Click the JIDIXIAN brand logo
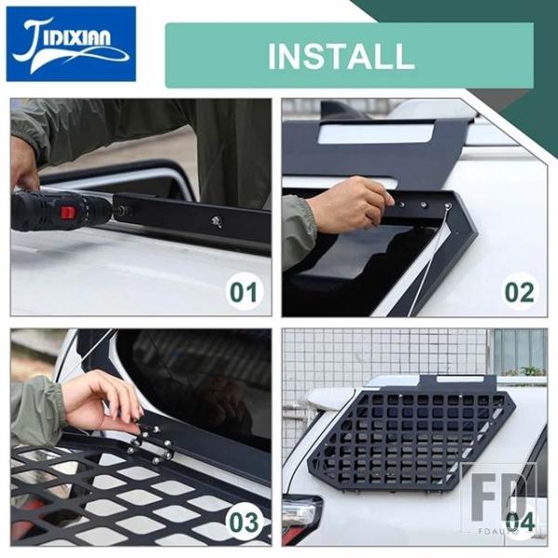(x=72, y=44)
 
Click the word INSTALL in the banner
(x=341, y=56)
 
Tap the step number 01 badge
(x=244, y=293)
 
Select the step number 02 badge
(x=520, y=293)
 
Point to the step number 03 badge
(x=244, y=523)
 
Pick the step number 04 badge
(x=520, y=522)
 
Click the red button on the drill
(x=68, y=213)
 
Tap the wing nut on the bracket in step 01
(x=217, y=221)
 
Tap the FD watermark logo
(x=498, y=499)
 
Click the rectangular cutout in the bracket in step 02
(x=377, y=132)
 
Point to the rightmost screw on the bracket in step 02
(x=447, y=206)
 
